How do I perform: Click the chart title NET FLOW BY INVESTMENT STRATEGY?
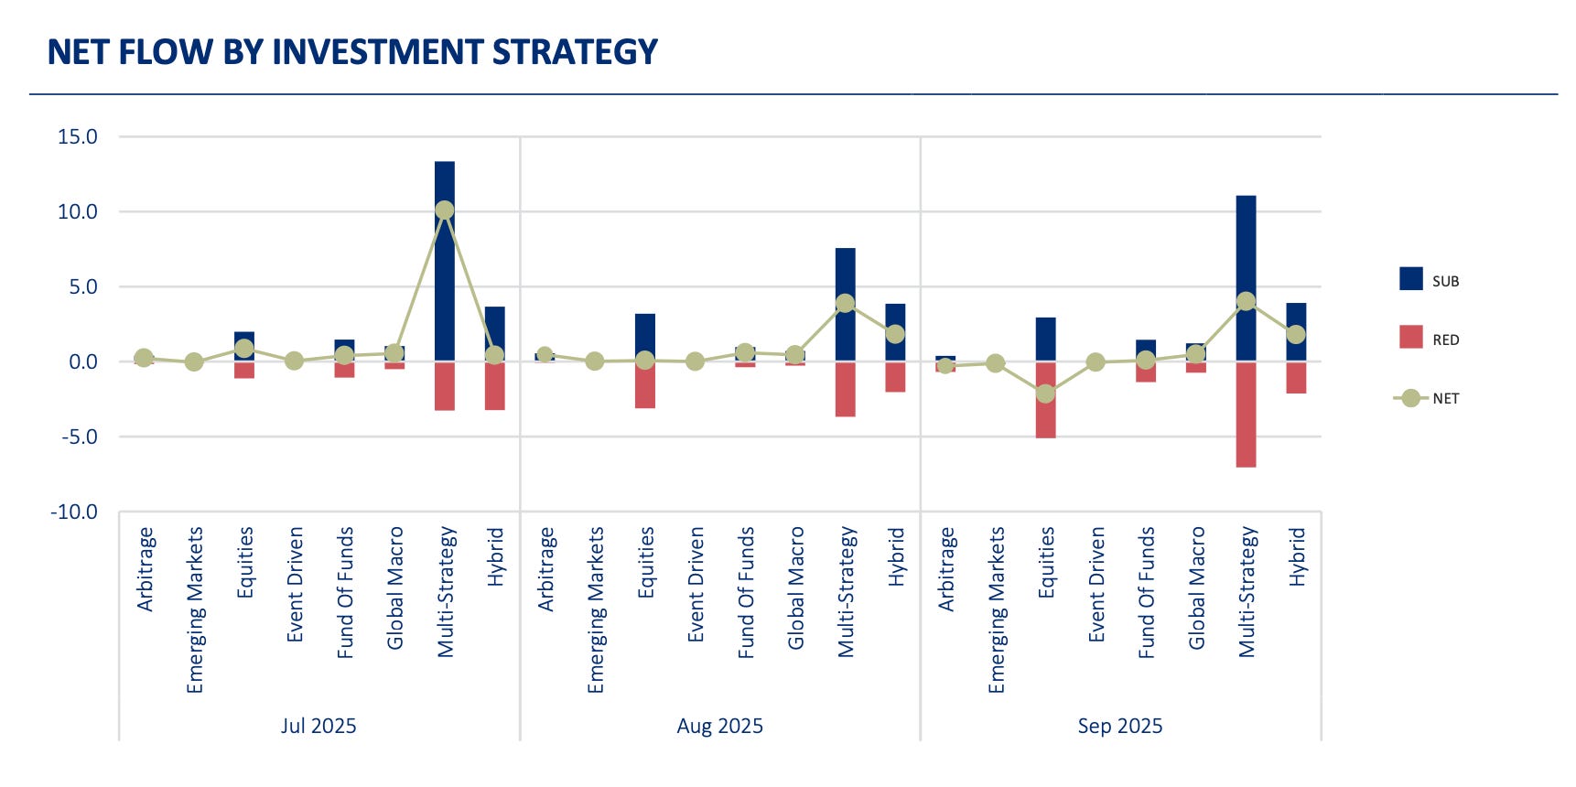pyautogui.click(x=352, y=52)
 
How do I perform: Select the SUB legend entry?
pyautogui.click(x=1428, y=280)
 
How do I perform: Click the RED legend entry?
pyautogui.click(x=1428, y=339)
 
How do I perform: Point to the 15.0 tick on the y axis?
pyautogui.click(x=78, y=137)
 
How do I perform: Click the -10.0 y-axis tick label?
pyautogui.click(x=74, y=512)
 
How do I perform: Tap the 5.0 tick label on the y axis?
pyautogui.click(x=82, y=287)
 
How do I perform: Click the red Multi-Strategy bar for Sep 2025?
pyautogui.click(x=1246, y=415)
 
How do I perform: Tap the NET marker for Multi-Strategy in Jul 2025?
pyautogui.click(x=445, y=210)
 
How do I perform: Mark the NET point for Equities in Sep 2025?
pyautogui.click(x=1045, y=394)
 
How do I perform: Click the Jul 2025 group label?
pyautogui.click(x=318, y=727)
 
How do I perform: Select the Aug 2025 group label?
pyautogui.click(x=719, y=727)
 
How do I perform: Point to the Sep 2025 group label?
pyautogui.click(x=1119, y=727)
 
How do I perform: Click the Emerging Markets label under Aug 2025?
pyautogui.click(x=596, y=609)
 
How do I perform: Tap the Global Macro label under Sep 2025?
pyautogui.click(x=1196, y=588)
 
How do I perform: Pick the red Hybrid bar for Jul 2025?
pyautogui.click(x=495, y=385)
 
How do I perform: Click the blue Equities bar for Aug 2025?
pyautogui.click(x=645, y=337)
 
